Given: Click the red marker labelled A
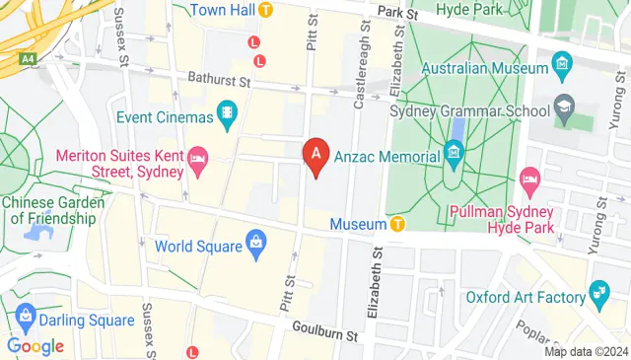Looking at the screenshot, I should [315, 154].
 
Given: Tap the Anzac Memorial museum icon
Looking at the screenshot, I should [454, 153].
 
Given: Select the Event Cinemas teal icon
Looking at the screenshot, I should [229, 115].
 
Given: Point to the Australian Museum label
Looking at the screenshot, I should [483, 69].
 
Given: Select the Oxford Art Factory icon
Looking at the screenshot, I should [596, 292].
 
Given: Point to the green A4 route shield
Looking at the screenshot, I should [24, 59].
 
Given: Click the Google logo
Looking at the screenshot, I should [35, 345].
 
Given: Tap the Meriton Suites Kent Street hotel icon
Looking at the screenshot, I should [197, 157].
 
